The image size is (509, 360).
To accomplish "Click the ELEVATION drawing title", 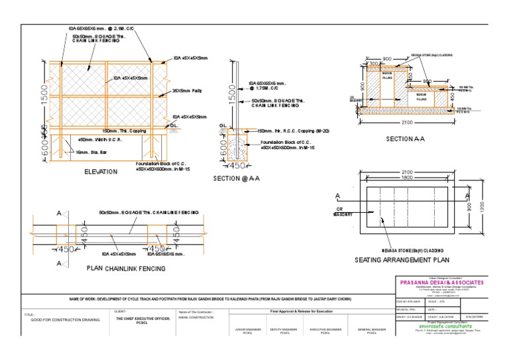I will (x=101, y=172).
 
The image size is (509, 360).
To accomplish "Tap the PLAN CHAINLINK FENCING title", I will (x=127, y=269).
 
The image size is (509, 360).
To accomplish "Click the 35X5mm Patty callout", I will (x=187, y=90).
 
